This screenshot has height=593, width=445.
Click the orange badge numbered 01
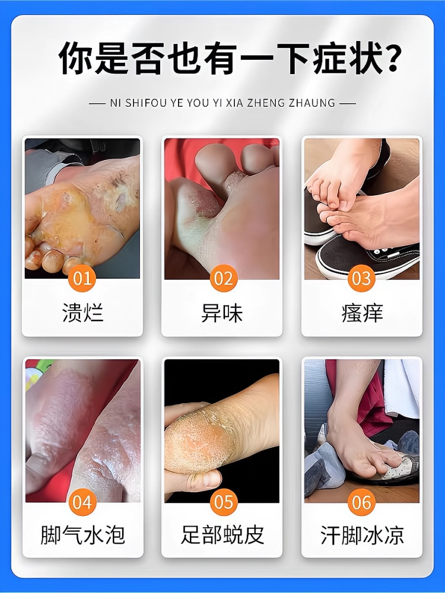coord(82,278)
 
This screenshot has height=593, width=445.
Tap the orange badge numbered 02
coord(224,278)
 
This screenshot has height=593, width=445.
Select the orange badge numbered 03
coord(361,278)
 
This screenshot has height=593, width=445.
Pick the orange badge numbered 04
coord(82,502)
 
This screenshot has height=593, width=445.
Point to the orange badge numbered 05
coord(224,502)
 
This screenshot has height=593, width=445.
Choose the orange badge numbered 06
coord(361,502)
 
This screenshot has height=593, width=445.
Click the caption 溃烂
coord(83,313)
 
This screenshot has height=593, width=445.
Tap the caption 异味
coord(222,313)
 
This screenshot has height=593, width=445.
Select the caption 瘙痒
coord(362,313)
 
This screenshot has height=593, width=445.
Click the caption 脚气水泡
coord(82,535)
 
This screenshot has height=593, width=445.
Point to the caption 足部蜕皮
coord(222,535)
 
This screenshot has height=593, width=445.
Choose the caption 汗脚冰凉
coord(362,535)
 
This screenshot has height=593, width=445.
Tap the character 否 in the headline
coord(149,59)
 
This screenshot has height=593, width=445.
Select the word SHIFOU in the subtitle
coord(141,103)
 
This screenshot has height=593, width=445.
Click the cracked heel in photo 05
coord(200,439)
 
